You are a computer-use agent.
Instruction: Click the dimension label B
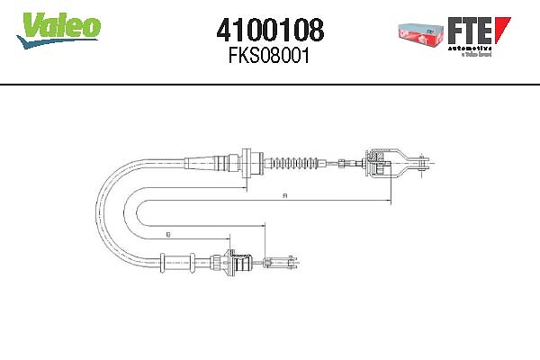168,234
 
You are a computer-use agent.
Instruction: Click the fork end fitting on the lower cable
283,263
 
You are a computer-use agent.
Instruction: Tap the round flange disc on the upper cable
244,164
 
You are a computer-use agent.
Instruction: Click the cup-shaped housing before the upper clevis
380,163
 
